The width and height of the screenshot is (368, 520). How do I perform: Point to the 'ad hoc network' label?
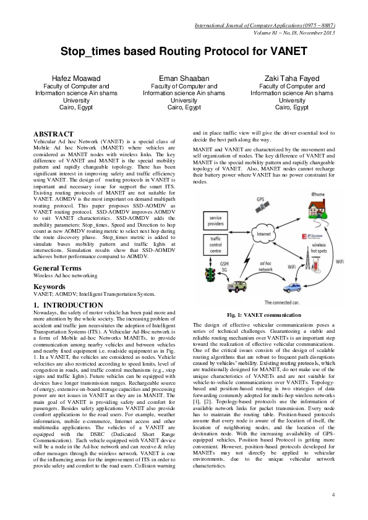pos(262,266)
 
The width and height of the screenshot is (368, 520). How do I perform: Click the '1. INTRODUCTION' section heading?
pos(68,305)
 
